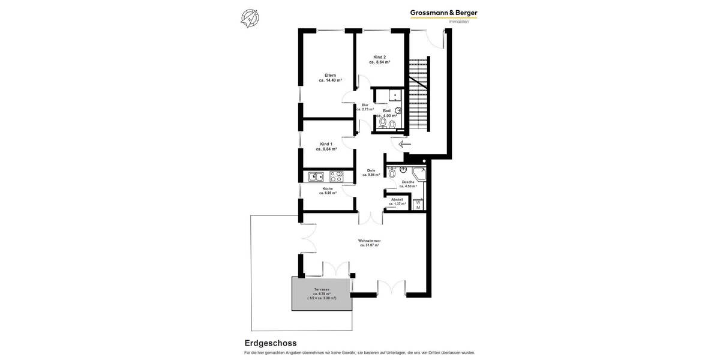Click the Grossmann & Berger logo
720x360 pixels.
click(x=443, y=13)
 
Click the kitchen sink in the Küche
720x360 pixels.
click(x=316, y=176)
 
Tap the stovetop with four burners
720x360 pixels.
click(x=336, y=176)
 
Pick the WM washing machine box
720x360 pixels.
click(x=418, y=205)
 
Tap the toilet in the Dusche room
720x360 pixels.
click(x=392, y=174)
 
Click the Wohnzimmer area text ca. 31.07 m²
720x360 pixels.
click(x=370, y=245)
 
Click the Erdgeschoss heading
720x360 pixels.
click(x=270, y=343)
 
